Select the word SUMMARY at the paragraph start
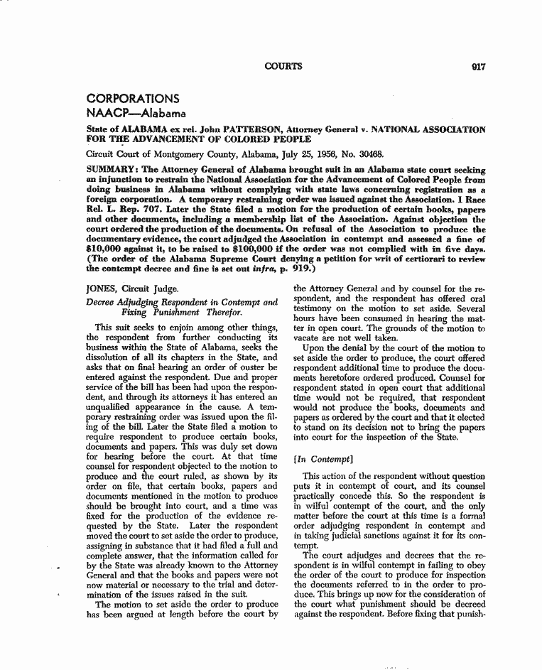click(110, 171)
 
